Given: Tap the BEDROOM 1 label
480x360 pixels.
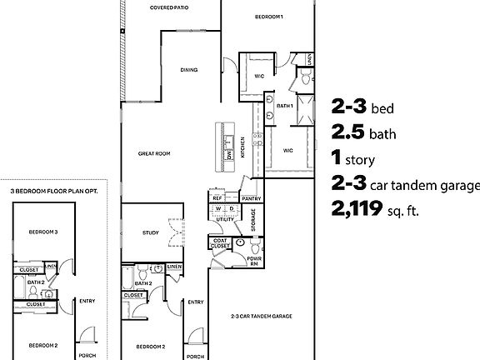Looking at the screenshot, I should pos(269,17).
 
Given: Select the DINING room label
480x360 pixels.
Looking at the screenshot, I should pos(189,70).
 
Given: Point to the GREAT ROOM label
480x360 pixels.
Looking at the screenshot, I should pos(154,153).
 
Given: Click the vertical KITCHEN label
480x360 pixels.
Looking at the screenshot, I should pos(243,147).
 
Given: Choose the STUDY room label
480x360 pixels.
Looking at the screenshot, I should pos(150,232).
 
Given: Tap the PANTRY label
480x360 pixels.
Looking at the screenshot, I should pos(251,199).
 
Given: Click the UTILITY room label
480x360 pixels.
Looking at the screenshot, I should pos(225,218).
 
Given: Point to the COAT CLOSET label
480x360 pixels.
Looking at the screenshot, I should pos(221,243).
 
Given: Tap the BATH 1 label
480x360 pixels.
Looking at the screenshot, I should pos(284,106).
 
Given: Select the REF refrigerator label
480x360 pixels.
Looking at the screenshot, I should pos(217,198).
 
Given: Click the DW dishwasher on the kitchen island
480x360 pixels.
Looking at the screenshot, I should pos(228,155).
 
